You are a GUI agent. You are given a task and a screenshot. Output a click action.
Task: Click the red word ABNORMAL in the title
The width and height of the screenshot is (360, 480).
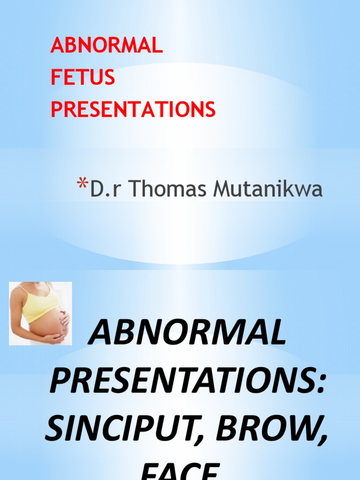(x=106, y=46)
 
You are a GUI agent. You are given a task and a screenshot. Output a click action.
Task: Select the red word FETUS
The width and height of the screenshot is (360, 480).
(x=82, y=78)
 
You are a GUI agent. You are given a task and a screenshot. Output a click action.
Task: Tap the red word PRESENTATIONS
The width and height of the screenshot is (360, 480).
(x=133, y=109)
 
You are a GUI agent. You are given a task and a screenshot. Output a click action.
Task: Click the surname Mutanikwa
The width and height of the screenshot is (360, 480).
(x=268, y=189)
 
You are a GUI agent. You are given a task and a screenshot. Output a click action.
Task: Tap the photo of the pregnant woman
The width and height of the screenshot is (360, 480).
(x=40, y=313)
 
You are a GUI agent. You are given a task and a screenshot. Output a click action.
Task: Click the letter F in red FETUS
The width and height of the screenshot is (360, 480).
(x=55, y=78)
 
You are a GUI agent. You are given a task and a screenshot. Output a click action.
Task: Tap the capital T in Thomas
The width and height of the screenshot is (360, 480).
(x=135, y=189)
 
